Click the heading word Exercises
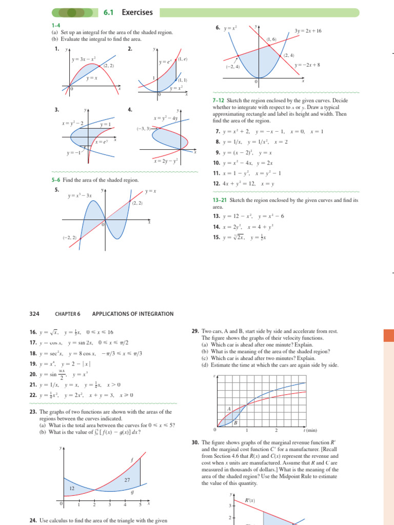tap(137, 12)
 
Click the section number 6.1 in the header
tap(110, 12)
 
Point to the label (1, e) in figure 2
tap(183, 59)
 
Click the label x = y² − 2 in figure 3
tap(72, 124)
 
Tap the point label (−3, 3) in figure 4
tap(144, 129)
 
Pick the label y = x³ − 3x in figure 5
tap(80, 195)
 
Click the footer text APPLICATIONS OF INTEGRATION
tap(132, 314)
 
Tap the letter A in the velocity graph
tap(229, 409)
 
